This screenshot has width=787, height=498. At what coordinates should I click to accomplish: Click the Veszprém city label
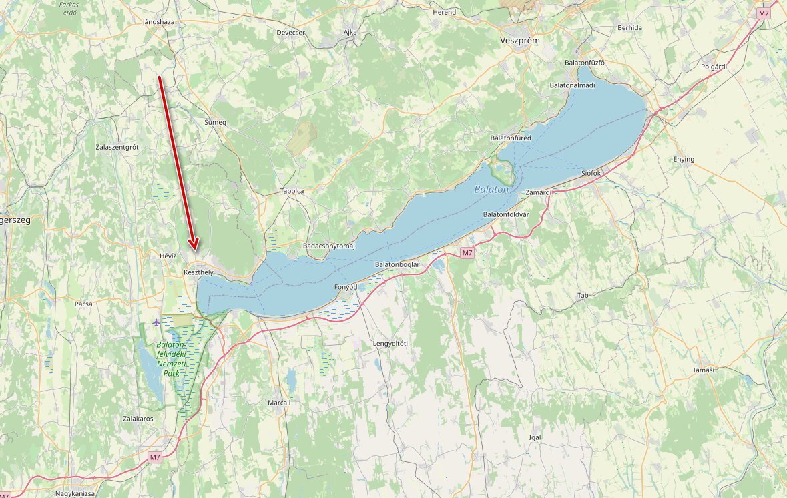(x=520, y=41)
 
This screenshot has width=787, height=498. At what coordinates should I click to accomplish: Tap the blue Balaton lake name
(x=491, y=190)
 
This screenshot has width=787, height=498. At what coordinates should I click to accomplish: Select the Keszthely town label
(x=198, y=272)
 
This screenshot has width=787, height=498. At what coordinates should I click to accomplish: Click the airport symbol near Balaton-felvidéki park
(x=156, y=322)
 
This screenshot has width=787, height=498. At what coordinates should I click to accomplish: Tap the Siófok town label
(x=591, y=173)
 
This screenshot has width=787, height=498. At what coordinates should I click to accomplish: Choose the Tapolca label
(x=292, y=191)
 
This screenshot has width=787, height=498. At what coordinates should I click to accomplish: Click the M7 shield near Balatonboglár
(x=467, y=252)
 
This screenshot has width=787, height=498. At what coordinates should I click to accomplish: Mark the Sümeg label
(x=215, y=123)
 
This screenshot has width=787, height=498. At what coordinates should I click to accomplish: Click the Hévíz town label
(x=168, y=256)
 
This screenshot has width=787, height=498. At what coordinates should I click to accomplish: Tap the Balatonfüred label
(x=511, y=138)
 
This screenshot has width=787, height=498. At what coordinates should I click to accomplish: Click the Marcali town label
(x=279, y=403)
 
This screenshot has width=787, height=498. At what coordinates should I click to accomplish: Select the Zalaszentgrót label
(x=117, y=146)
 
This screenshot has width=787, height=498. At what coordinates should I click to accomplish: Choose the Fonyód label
(x=346, y=287)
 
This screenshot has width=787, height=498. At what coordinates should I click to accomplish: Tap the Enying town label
(x=684, y=159)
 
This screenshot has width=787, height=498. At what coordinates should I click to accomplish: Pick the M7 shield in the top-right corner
(x=764, y=13)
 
